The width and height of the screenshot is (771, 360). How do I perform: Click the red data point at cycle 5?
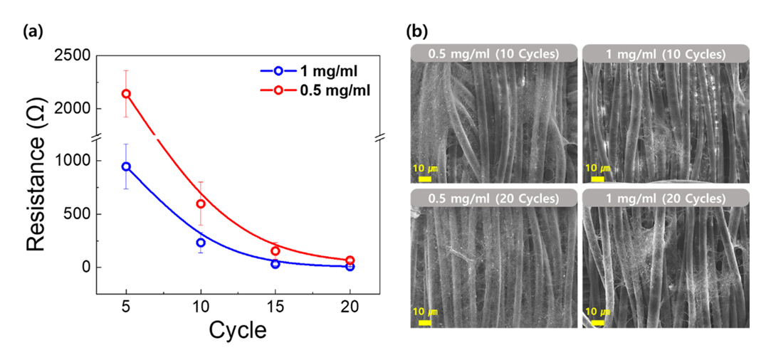pos(126,93)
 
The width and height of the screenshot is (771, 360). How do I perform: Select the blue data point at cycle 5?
pos(126,166)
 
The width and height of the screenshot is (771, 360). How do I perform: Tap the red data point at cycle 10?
pos(201,203)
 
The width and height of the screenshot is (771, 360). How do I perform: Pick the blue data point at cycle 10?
pos(201,243)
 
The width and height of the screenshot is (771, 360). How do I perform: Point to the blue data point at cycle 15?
pos(276,264)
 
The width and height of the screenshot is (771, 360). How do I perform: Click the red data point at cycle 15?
pos(276,251)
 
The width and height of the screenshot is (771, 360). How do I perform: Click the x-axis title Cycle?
pos(238,331)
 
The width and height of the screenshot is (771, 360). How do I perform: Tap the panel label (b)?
pos(416,31)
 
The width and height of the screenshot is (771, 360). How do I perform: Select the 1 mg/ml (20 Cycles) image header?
pos(665,196)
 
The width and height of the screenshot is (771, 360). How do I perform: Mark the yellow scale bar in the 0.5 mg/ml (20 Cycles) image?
pos(424,322)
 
